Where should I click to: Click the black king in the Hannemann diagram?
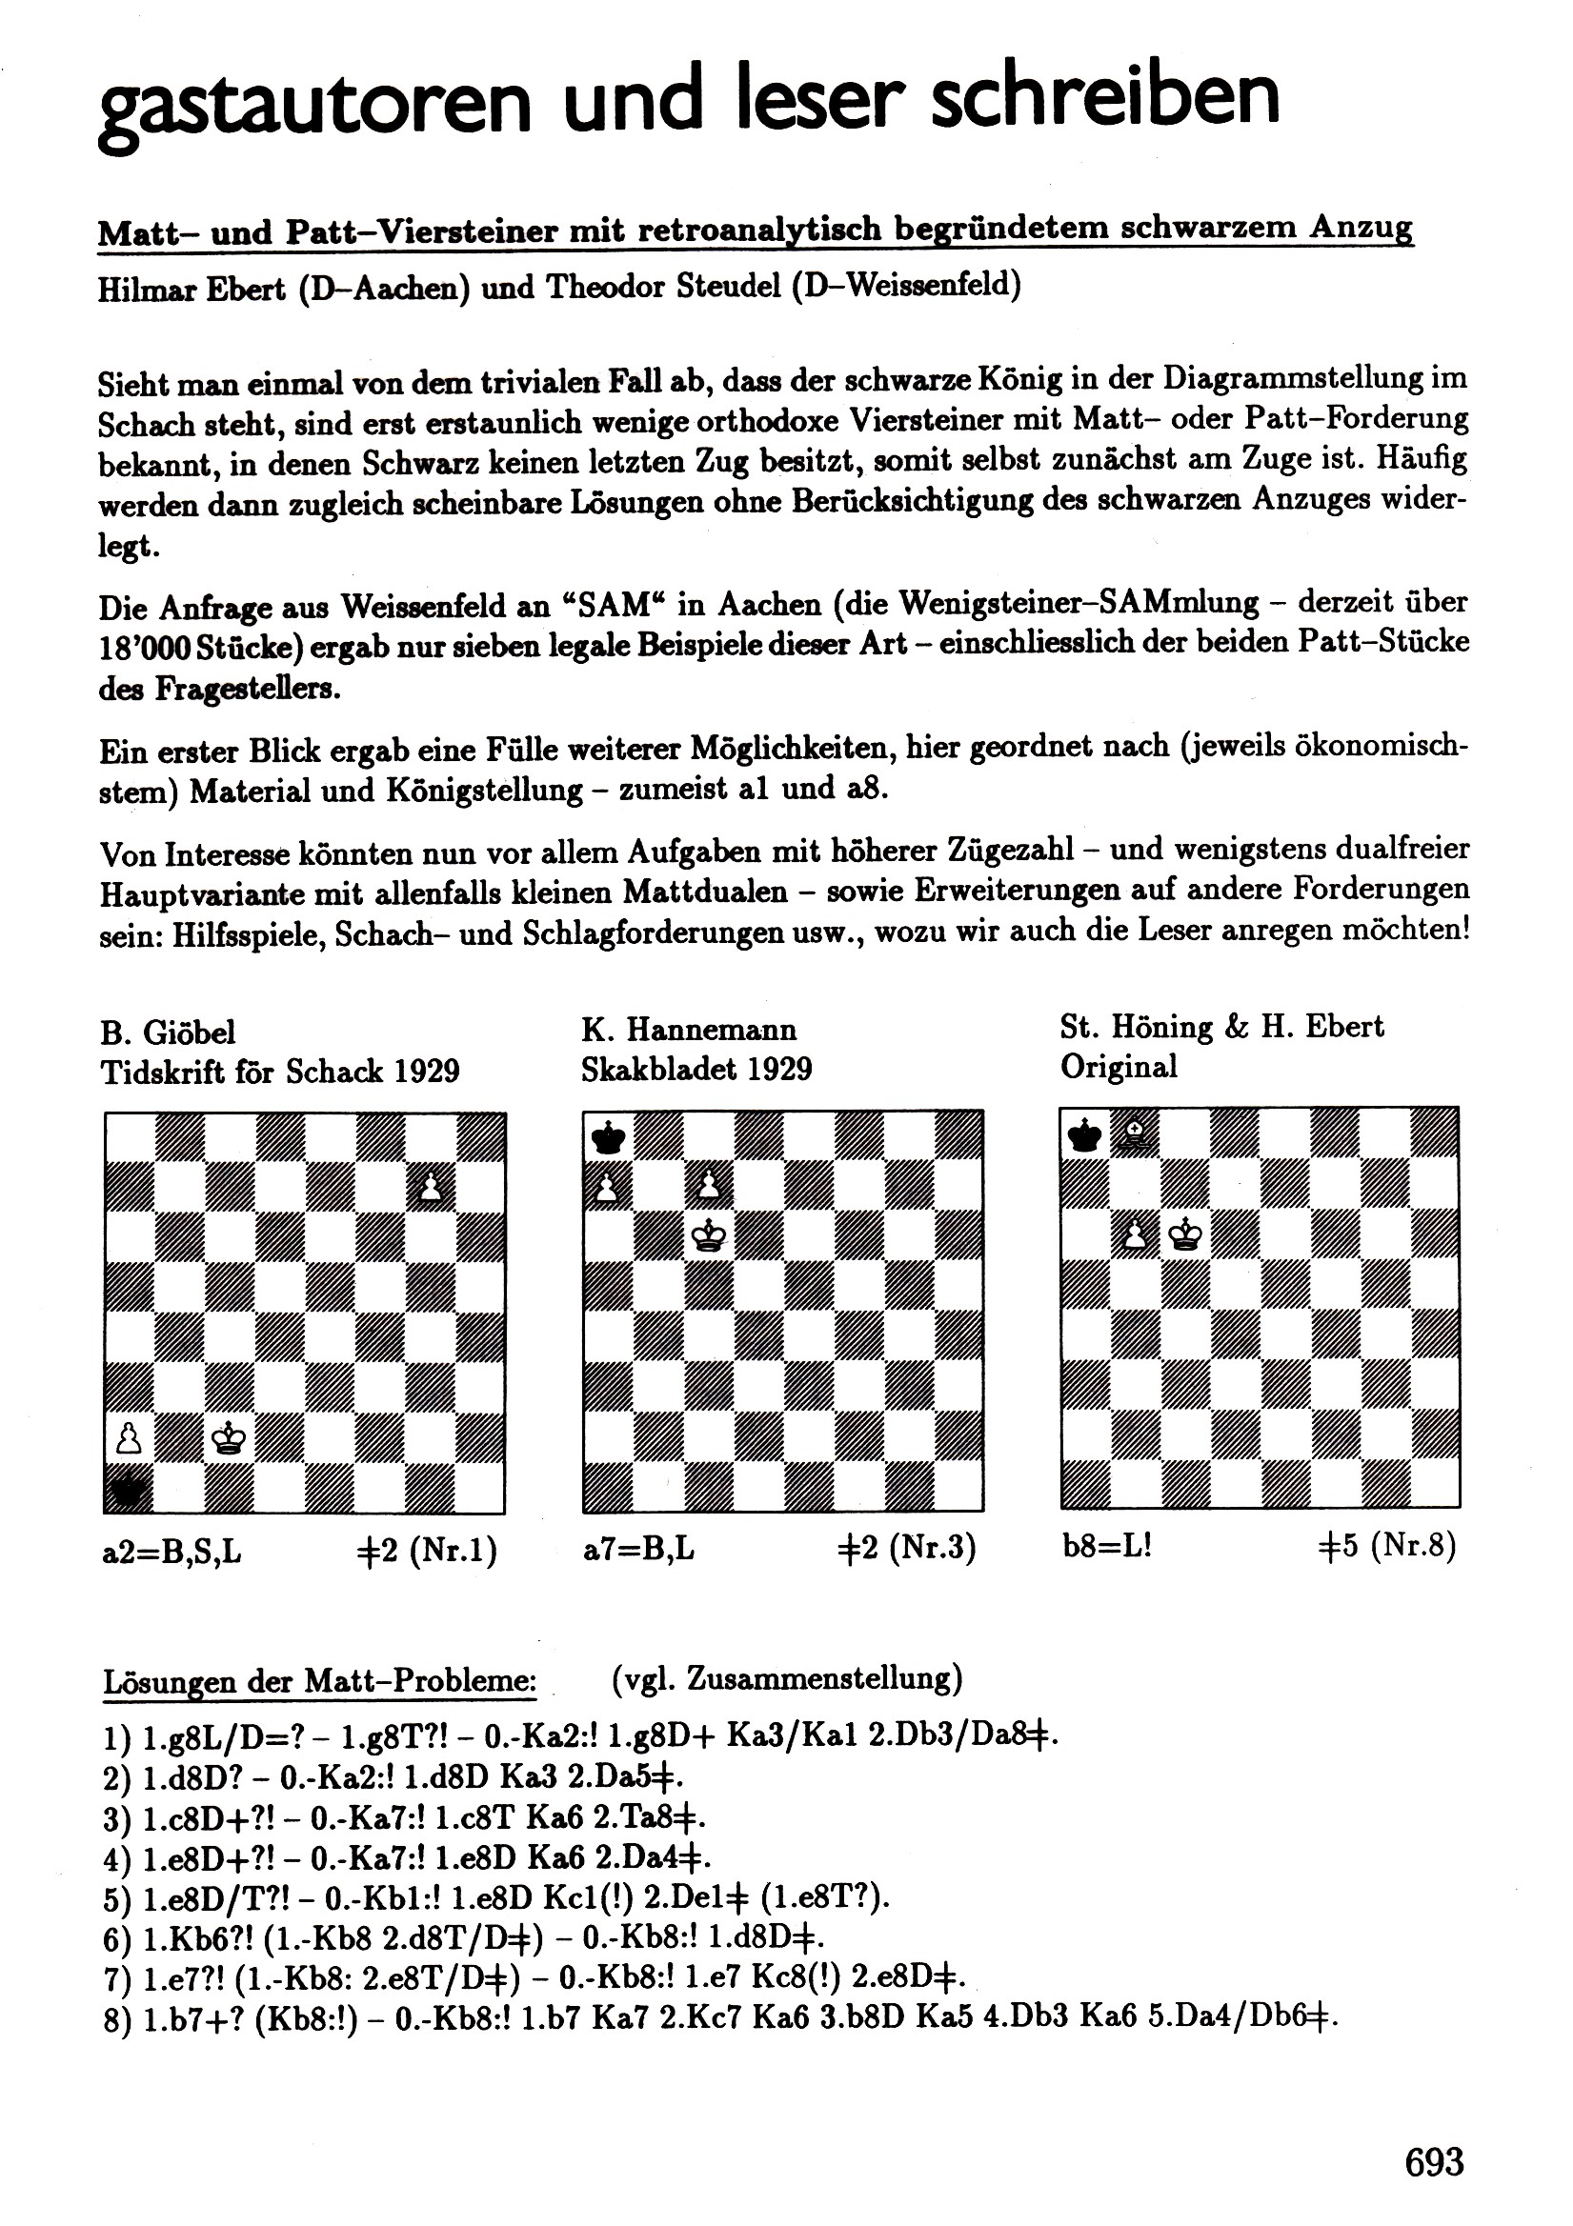click(x=608, y=1136)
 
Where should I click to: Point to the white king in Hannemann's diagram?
click(x=709, y=1236)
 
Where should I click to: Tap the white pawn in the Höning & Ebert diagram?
click(x=1135, y=1234)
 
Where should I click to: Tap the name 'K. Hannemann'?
click(x=689, y=1030)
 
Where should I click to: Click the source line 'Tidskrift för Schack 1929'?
click(x=280, y=1072)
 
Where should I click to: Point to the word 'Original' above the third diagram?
click(x=1119, y=1067)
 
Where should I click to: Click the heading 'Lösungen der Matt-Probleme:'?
click(x=320, y=1680)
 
